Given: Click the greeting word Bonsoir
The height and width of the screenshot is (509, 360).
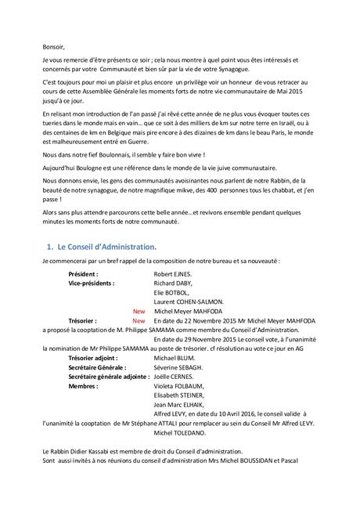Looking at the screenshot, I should (49, 45).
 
